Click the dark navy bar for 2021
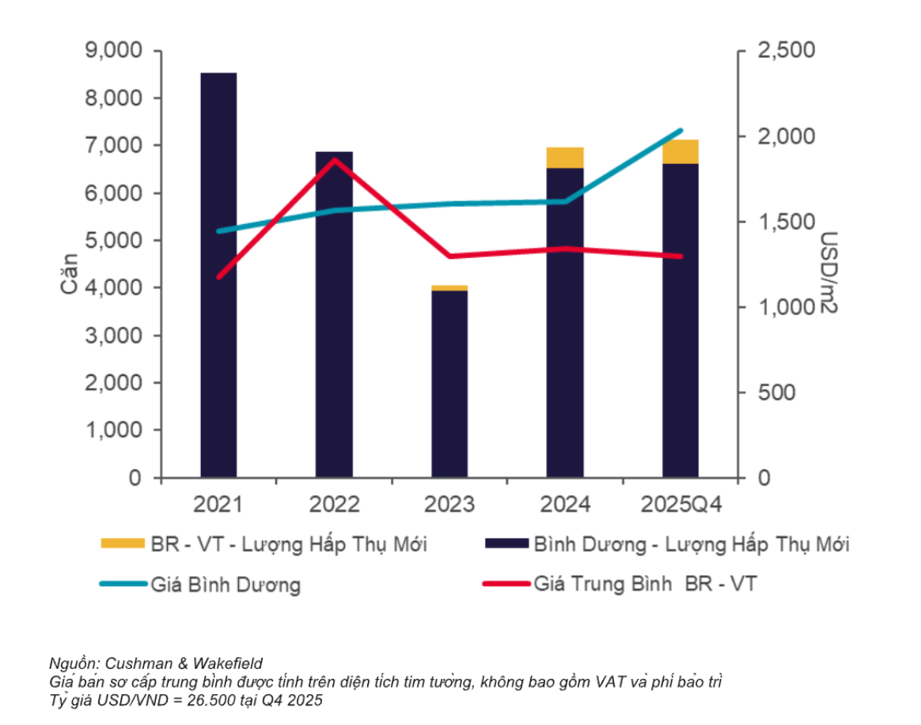[x=218, y=277]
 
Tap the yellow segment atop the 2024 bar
[x=565, y=158]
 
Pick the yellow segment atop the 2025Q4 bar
[x=680, y=151]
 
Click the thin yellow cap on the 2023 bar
[x=449, y=287]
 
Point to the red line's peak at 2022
[x=335, y=159]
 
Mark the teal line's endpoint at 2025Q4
[x=681, y=131]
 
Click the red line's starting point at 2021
[x=218, y=277]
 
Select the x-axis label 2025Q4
[x=681, y=504]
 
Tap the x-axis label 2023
[x=449, y=504]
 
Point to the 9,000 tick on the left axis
[x=113, y=51]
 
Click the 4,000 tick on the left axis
[x=113, y=288]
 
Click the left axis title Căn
[x=70, y=272]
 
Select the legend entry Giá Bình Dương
[x=226, y=585]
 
